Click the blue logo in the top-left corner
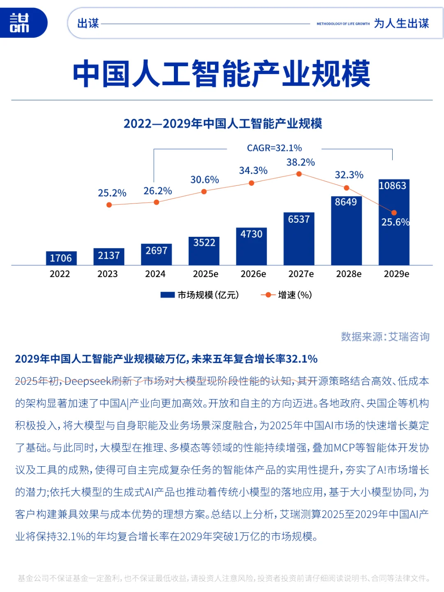point(21,23)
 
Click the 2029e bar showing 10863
point(393,222)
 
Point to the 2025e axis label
point(206,274)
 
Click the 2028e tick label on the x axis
point(349,274)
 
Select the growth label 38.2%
point(301,162)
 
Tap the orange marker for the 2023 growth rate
point(109,205)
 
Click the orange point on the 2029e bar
point(394,213)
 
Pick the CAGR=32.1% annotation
point(274,148)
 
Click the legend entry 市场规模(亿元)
point(200,295)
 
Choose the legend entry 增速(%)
point(287,295)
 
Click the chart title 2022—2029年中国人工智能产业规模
point(222,123)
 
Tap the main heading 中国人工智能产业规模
point(222,74)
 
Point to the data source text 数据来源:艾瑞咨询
point(385,337)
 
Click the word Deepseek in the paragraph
point(88,381)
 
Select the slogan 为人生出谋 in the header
point(401,23)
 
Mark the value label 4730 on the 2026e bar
point(251,234)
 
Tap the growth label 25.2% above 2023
point(112,193)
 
